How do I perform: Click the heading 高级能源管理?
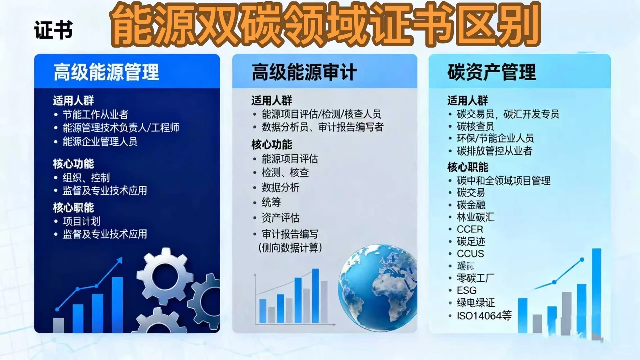tap(106, 72)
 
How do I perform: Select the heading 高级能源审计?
tap(304, 72)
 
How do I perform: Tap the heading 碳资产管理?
tap(491, 72)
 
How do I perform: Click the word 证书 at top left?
tap(53, 30)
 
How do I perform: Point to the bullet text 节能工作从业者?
tap(95, 115)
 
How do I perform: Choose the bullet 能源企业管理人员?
tap(100, 142)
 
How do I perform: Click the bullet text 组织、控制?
tap(86, 177)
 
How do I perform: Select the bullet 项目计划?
tap(81, 221)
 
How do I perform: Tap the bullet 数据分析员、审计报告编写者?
tap(322, 127)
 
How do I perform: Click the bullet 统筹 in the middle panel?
tap(271, 202)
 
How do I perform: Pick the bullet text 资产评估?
tap(280, 218)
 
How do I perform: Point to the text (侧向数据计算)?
tap(290, 248)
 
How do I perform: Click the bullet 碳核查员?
tap(475, 126)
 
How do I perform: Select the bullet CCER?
tap(470, 229)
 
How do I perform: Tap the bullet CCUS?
tap(470, 254)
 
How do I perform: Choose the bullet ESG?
tap(466, 290)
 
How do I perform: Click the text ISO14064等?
tap(484, 315)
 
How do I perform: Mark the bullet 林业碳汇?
tap(475, 217)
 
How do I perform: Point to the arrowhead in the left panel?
tap(120, 260)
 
